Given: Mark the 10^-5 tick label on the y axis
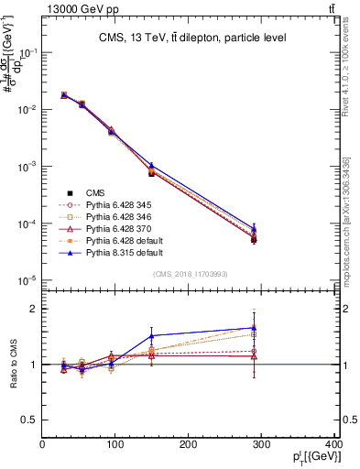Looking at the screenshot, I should (26, 280).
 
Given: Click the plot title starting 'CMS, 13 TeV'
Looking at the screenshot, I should (189, 38).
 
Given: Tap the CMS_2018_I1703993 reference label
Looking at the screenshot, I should (189, 274).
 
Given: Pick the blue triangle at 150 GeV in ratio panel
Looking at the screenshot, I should (152, 335).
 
